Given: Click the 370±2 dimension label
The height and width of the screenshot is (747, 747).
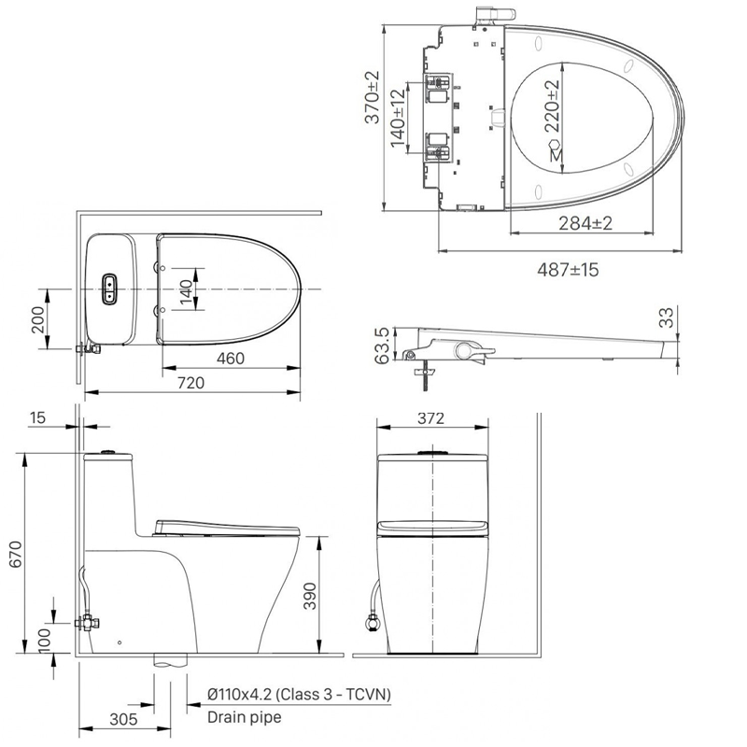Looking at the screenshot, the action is point(372,97).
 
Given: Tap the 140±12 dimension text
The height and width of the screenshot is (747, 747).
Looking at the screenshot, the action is point(398,118).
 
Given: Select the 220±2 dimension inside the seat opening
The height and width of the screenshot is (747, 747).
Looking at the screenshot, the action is point(552,106).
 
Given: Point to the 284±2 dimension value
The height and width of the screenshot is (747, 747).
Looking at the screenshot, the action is point(585,223).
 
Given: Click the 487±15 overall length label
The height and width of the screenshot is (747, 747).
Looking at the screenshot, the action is point(568,270).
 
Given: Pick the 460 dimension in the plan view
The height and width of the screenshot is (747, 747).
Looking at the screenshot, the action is point(231,359).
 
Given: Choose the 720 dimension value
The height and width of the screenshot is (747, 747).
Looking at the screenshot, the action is point(190,383).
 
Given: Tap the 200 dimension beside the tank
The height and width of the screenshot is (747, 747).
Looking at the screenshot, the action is point(37,319).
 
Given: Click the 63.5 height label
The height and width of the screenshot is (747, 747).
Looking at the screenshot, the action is point(382,345).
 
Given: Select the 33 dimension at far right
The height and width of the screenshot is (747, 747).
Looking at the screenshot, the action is point(669,317).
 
